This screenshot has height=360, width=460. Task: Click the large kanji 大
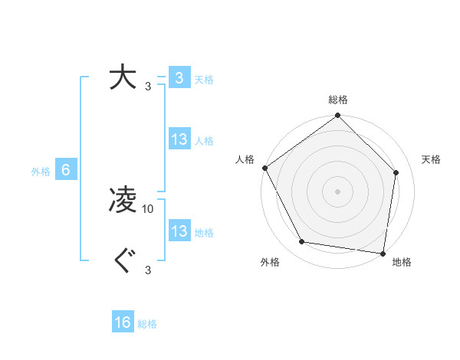(x=123, y=78)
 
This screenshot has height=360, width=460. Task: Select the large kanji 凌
(x=123, y=201)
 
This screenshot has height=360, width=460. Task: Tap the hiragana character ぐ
(x=123, y=262)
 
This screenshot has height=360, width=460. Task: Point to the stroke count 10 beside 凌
(x=148, y=208)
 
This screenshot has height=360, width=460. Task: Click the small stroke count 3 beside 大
(x=148, y=86)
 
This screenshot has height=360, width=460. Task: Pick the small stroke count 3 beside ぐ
(x=148, y=270)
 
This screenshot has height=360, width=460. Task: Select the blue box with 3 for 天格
(x=179, y=78)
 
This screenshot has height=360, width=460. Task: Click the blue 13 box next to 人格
(x=179, y=139)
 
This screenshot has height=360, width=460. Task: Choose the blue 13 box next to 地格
(x=179, y=231)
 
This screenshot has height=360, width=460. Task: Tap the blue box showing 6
(x=66, y=170)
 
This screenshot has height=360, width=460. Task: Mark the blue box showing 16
(x=123, y=322)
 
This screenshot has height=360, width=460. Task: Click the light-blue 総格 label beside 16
(x=147, y=324)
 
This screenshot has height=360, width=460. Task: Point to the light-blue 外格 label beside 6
(x=41, y=172)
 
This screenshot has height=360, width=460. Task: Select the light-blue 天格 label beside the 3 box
(x=204, y=80)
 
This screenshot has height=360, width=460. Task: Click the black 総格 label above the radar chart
(x=337, y=100)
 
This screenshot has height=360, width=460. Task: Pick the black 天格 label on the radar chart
(x=431, y=159)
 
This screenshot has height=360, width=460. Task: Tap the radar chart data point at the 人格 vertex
(x=264, y=168)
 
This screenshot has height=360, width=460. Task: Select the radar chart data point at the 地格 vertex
(x=383, y=253)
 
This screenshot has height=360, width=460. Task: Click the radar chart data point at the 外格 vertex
(x=302, y=242)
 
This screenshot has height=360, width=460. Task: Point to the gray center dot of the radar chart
(x=337, y=191)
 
